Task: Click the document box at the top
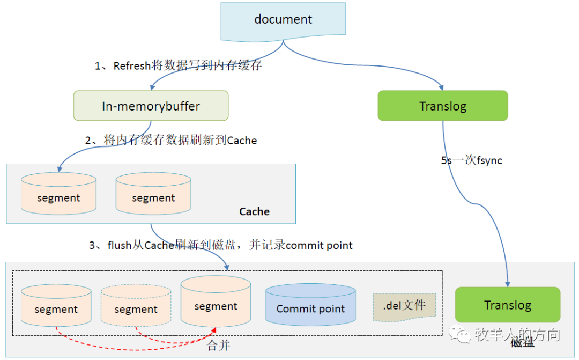click(x=283, y=20)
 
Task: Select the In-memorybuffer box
click(x=151, y=106)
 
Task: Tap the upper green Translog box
click(x=442, y=106)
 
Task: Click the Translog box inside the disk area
click(x=507, y=305)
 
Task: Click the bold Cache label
click(x=254, y=211)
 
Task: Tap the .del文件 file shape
click(x=404, y=306)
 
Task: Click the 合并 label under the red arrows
click(x=218, y=346)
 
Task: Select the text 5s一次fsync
click(x=471, y=160)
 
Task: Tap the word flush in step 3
click(x=119, y=245)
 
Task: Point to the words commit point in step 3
click(x=319, y=245)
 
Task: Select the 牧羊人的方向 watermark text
click(x=517, y=335)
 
